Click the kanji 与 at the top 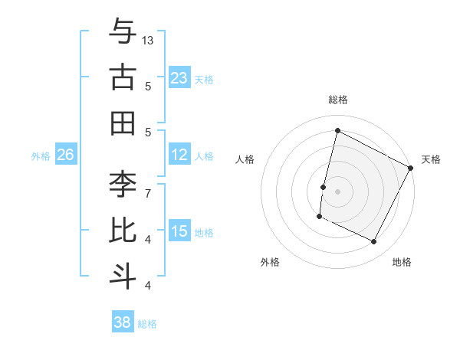tap(123, 32)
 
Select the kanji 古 tap(123, 77)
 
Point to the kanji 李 tap(123, 185)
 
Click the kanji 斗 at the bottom tap(123, 275)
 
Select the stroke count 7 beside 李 tap(148, 193)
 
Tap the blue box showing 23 tap(179, 77)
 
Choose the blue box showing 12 tap(179, 155)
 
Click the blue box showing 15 tap(179, 231)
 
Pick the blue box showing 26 tap(65, 155)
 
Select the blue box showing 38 tap(123, 322)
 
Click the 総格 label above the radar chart tap(338, 100)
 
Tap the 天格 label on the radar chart tap(431, 159)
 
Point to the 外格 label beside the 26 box tap(41, 155)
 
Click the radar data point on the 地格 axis tap(374, 242)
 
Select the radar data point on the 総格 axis tap(337, 131)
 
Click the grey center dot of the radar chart tap(337, 191)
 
